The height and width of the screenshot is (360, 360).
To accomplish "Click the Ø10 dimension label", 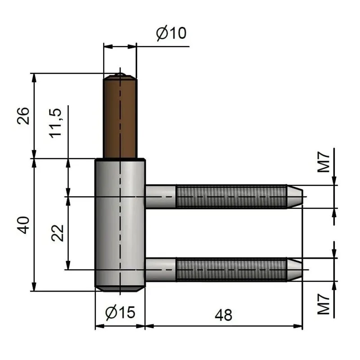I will [171, 33].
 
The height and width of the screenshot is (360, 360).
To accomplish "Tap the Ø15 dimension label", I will [120, 312].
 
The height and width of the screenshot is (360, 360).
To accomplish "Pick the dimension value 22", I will [57, 232].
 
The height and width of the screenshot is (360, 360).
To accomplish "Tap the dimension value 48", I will [223, 315].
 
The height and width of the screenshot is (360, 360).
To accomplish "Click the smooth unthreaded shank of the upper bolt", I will [160, 196].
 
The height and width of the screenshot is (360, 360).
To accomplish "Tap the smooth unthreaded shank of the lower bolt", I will [160, 269].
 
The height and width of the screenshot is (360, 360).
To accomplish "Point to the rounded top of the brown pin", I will [120, 76].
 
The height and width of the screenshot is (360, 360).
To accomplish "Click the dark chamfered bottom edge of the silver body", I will [120, 288].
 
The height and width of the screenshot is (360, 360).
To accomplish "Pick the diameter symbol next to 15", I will [112, 312].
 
